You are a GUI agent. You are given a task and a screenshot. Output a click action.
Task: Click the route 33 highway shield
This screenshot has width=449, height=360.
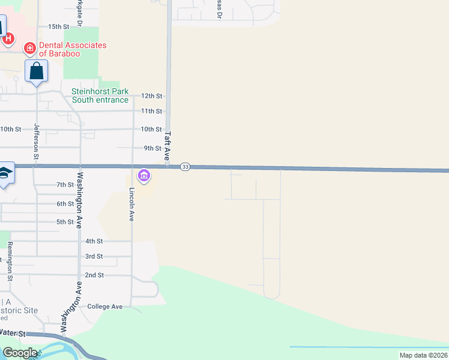pos(185,167)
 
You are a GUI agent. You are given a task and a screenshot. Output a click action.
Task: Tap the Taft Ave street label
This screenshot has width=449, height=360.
pos(168,144)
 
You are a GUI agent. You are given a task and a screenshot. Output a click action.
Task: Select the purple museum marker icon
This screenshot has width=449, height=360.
pos(144,176)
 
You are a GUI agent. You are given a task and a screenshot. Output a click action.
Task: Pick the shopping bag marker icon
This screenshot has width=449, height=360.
pos(36,71)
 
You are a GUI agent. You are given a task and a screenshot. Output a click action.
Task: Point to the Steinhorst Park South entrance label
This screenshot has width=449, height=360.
pos(100,95)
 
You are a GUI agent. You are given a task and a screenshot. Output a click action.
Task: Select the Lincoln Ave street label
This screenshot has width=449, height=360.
pos(132,205)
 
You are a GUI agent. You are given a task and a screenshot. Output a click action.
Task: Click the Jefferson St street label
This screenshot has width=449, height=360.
pos(37,141)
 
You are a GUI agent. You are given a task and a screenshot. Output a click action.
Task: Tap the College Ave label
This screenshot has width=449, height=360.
pos(104,307)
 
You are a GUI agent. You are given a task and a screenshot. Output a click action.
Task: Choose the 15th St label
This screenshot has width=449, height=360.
pos(59,27)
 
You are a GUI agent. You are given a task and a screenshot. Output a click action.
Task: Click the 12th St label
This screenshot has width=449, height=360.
pos(152,96)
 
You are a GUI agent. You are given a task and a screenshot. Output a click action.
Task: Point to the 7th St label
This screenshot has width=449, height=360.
pos(64,185)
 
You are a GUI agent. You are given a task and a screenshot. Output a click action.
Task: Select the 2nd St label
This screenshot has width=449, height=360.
pos(94,275)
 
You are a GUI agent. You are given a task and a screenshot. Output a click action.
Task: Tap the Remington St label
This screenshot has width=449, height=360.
pos(10,262)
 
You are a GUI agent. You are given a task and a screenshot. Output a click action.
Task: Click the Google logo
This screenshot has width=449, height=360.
pos(20,352)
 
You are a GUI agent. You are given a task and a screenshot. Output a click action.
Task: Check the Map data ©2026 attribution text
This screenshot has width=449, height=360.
pos(423,355)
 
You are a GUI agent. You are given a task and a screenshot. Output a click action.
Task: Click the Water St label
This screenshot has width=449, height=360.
pos(12,332)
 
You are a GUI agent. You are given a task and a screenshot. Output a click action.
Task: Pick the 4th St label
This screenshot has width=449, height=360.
pos(94,241)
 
